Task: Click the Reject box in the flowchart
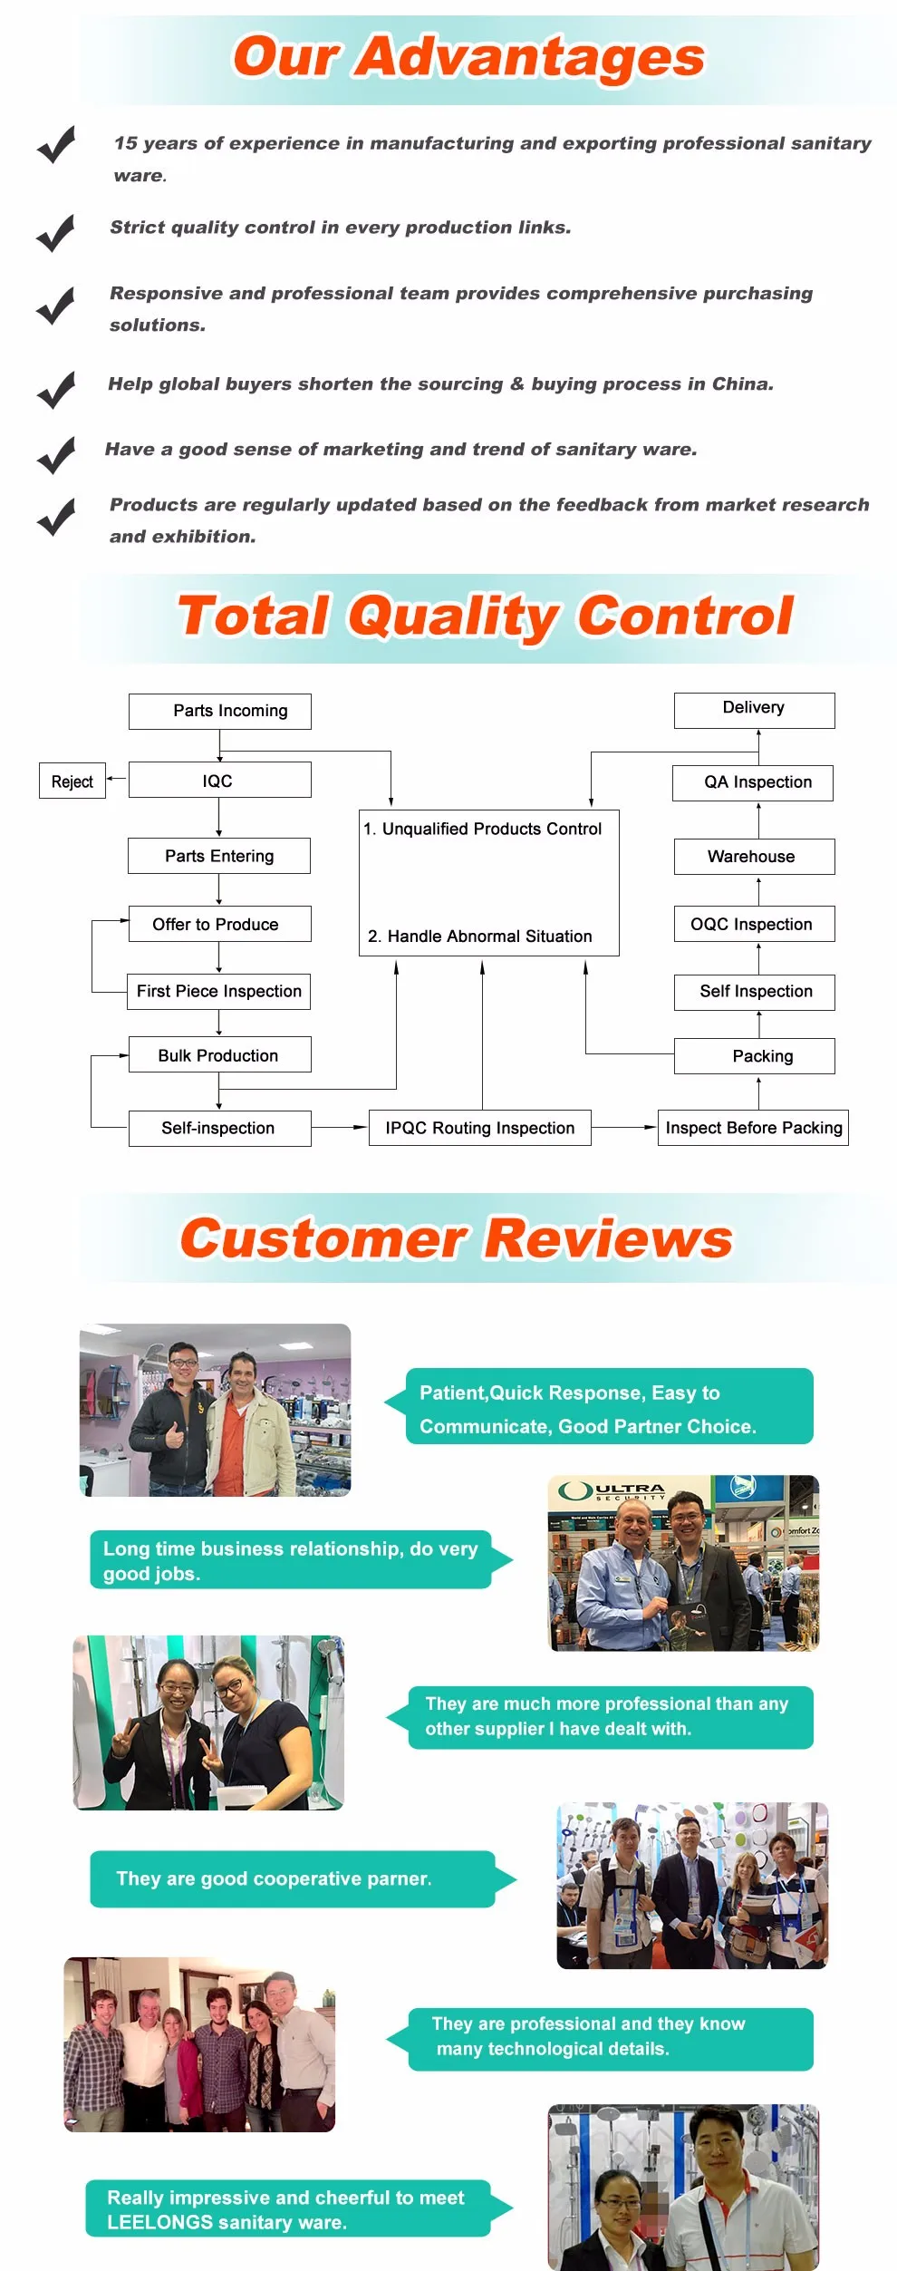coord(72,781)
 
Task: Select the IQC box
coord(219,780)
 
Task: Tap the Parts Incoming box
coord(220,711)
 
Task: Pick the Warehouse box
coord(754,856)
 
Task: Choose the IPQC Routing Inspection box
coord(479,1128)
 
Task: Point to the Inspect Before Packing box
coord(753,1128)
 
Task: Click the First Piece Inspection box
coord(219,991)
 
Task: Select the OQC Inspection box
coord(754,924)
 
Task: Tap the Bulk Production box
coord(219,1054)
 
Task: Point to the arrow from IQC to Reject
coord(117,779)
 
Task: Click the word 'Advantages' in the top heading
coord(529,57)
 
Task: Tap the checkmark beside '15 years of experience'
coord(56,144)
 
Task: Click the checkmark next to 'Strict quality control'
coord(55,233)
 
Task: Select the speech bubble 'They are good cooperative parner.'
coord(292,1878)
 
